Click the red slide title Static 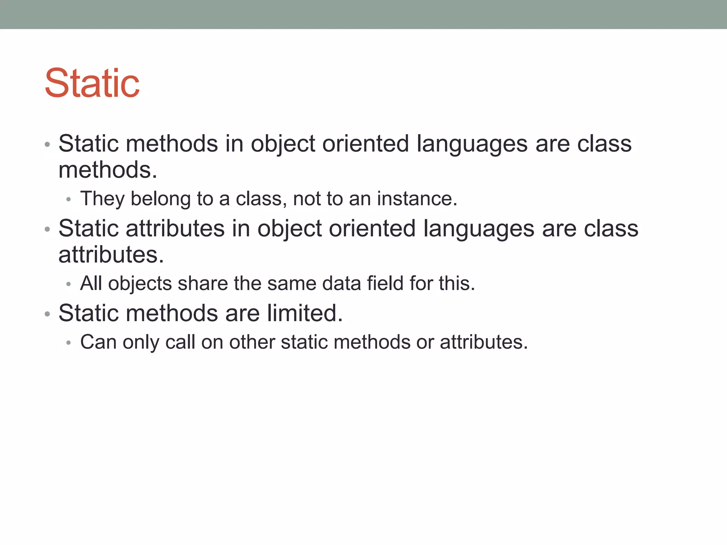92,83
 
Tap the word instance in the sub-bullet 417,199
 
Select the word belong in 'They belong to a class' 161,199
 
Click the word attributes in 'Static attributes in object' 175,229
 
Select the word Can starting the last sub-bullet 98,342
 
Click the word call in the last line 180,342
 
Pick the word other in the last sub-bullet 252,342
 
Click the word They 102,199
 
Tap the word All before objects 91,283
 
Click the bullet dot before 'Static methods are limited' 47,314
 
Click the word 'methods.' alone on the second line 108,170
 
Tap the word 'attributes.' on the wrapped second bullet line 111,255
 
